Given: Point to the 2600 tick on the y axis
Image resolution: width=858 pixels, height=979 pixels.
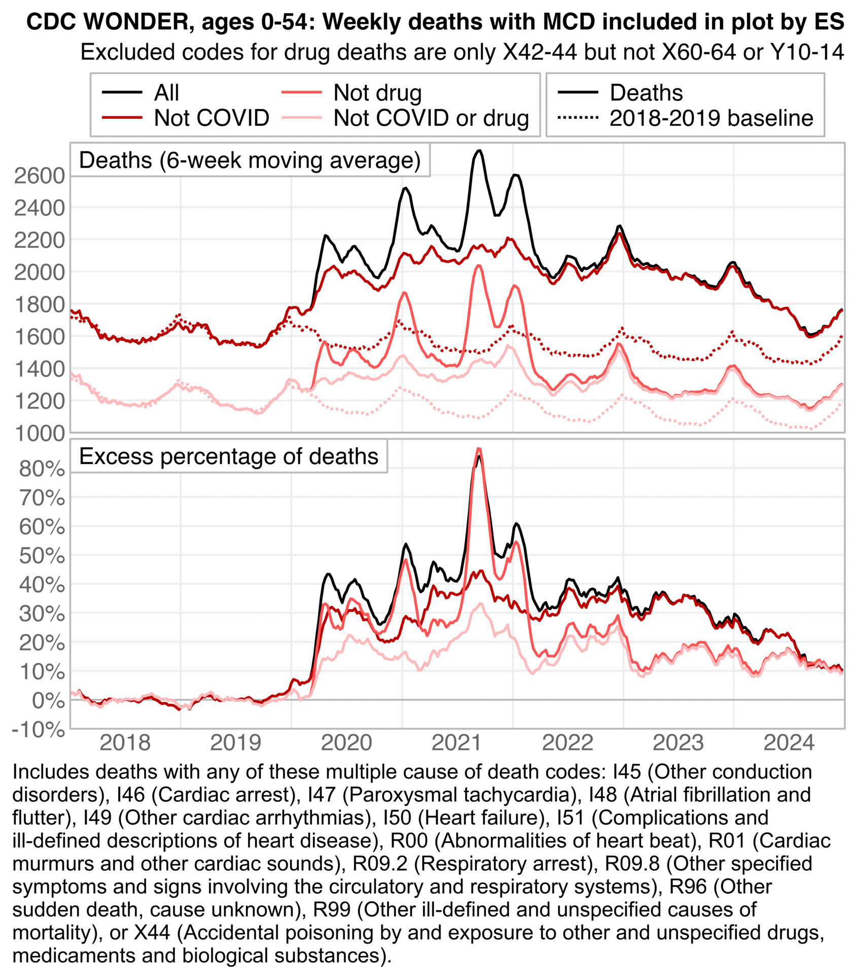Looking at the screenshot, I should (x=40, y=176).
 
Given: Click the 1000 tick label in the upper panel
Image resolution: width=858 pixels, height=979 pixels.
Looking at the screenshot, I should (x=40, y=434).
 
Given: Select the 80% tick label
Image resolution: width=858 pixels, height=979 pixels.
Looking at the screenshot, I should (x=42, y=469).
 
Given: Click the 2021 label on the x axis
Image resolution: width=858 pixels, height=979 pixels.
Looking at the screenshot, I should (x=457, y=743).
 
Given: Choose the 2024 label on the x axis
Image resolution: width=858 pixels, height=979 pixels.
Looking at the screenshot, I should (x=789, y=743).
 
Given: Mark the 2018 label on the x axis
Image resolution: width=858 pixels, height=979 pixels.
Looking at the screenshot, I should (x=125, y=743).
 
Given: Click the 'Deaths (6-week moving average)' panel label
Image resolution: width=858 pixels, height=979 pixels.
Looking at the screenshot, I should (x=250, y=160).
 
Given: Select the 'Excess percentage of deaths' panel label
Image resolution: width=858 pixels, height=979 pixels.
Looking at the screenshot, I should (x=229, y=456).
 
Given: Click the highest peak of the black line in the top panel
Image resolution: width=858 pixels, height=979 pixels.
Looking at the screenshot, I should (x=479, y=150).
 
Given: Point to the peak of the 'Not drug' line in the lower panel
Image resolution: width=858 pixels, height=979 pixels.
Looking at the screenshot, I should (x=478, y=448).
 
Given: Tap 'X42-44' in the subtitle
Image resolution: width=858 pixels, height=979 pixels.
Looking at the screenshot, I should (x=539, y=52).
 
